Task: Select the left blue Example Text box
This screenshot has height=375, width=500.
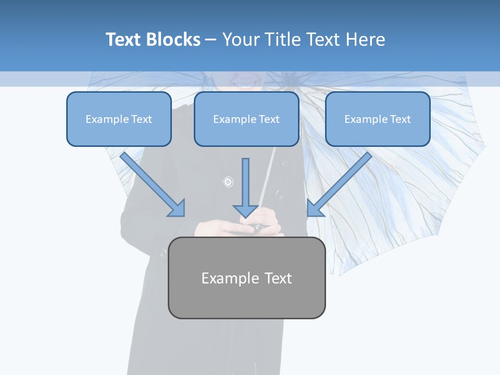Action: [119, 119]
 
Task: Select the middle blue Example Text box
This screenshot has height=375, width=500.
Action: [246, 119]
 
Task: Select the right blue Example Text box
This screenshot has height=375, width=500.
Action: [378, 119]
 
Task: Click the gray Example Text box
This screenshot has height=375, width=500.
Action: [246, 278]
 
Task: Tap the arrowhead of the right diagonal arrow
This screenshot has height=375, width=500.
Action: [315, 208]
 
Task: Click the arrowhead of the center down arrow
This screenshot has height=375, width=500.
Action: [245, 211]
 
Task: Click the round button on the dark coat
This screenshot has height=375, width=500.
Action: [228, 182]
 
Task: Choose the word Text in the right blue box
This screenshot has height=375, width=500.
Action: [400, 119]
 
